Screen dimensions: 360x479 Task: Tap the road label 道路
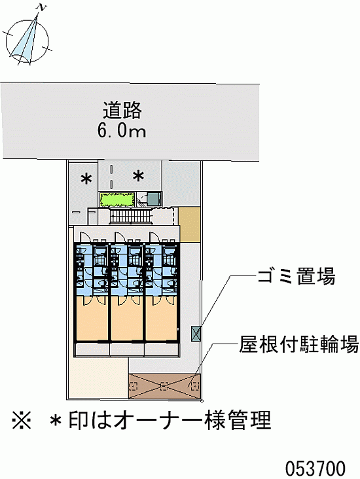coord(122,110)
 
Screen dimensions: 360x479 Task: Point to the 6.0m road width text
coord(122,130)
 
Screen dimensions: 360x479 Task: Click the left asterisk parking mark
coord(86,179)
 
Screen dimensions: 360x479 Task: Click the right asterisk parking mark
coord(138,176)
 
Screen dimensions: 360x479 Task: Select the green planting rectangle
coord(117,199)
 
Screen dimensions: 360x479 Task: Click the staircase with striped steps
coord(131,217)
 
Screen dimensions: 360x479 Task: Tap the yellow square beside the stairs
coord(189,224)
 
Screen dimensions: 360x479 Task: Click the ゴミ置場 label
coord(297,276)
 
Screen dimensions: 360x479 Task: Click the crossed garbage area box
coord(196,333)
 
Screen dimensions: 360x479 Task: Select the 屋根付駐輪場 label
coord(298,344)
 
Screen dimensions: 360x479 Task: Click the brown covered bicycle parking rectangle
coord(164,386)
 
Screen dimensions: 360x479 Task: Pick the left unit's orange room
coord(92,318)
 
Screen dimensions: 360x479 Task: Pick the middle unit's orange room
coord(127,318)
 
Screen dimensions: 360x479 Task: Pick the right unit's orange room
coord(162,318)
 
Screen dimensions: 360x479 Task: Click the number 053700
coord(315,468)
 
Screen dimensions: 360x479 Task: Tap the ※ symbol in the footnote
coord(22,420)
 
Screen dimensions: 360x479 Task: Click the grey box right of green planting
coord(154,198)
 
